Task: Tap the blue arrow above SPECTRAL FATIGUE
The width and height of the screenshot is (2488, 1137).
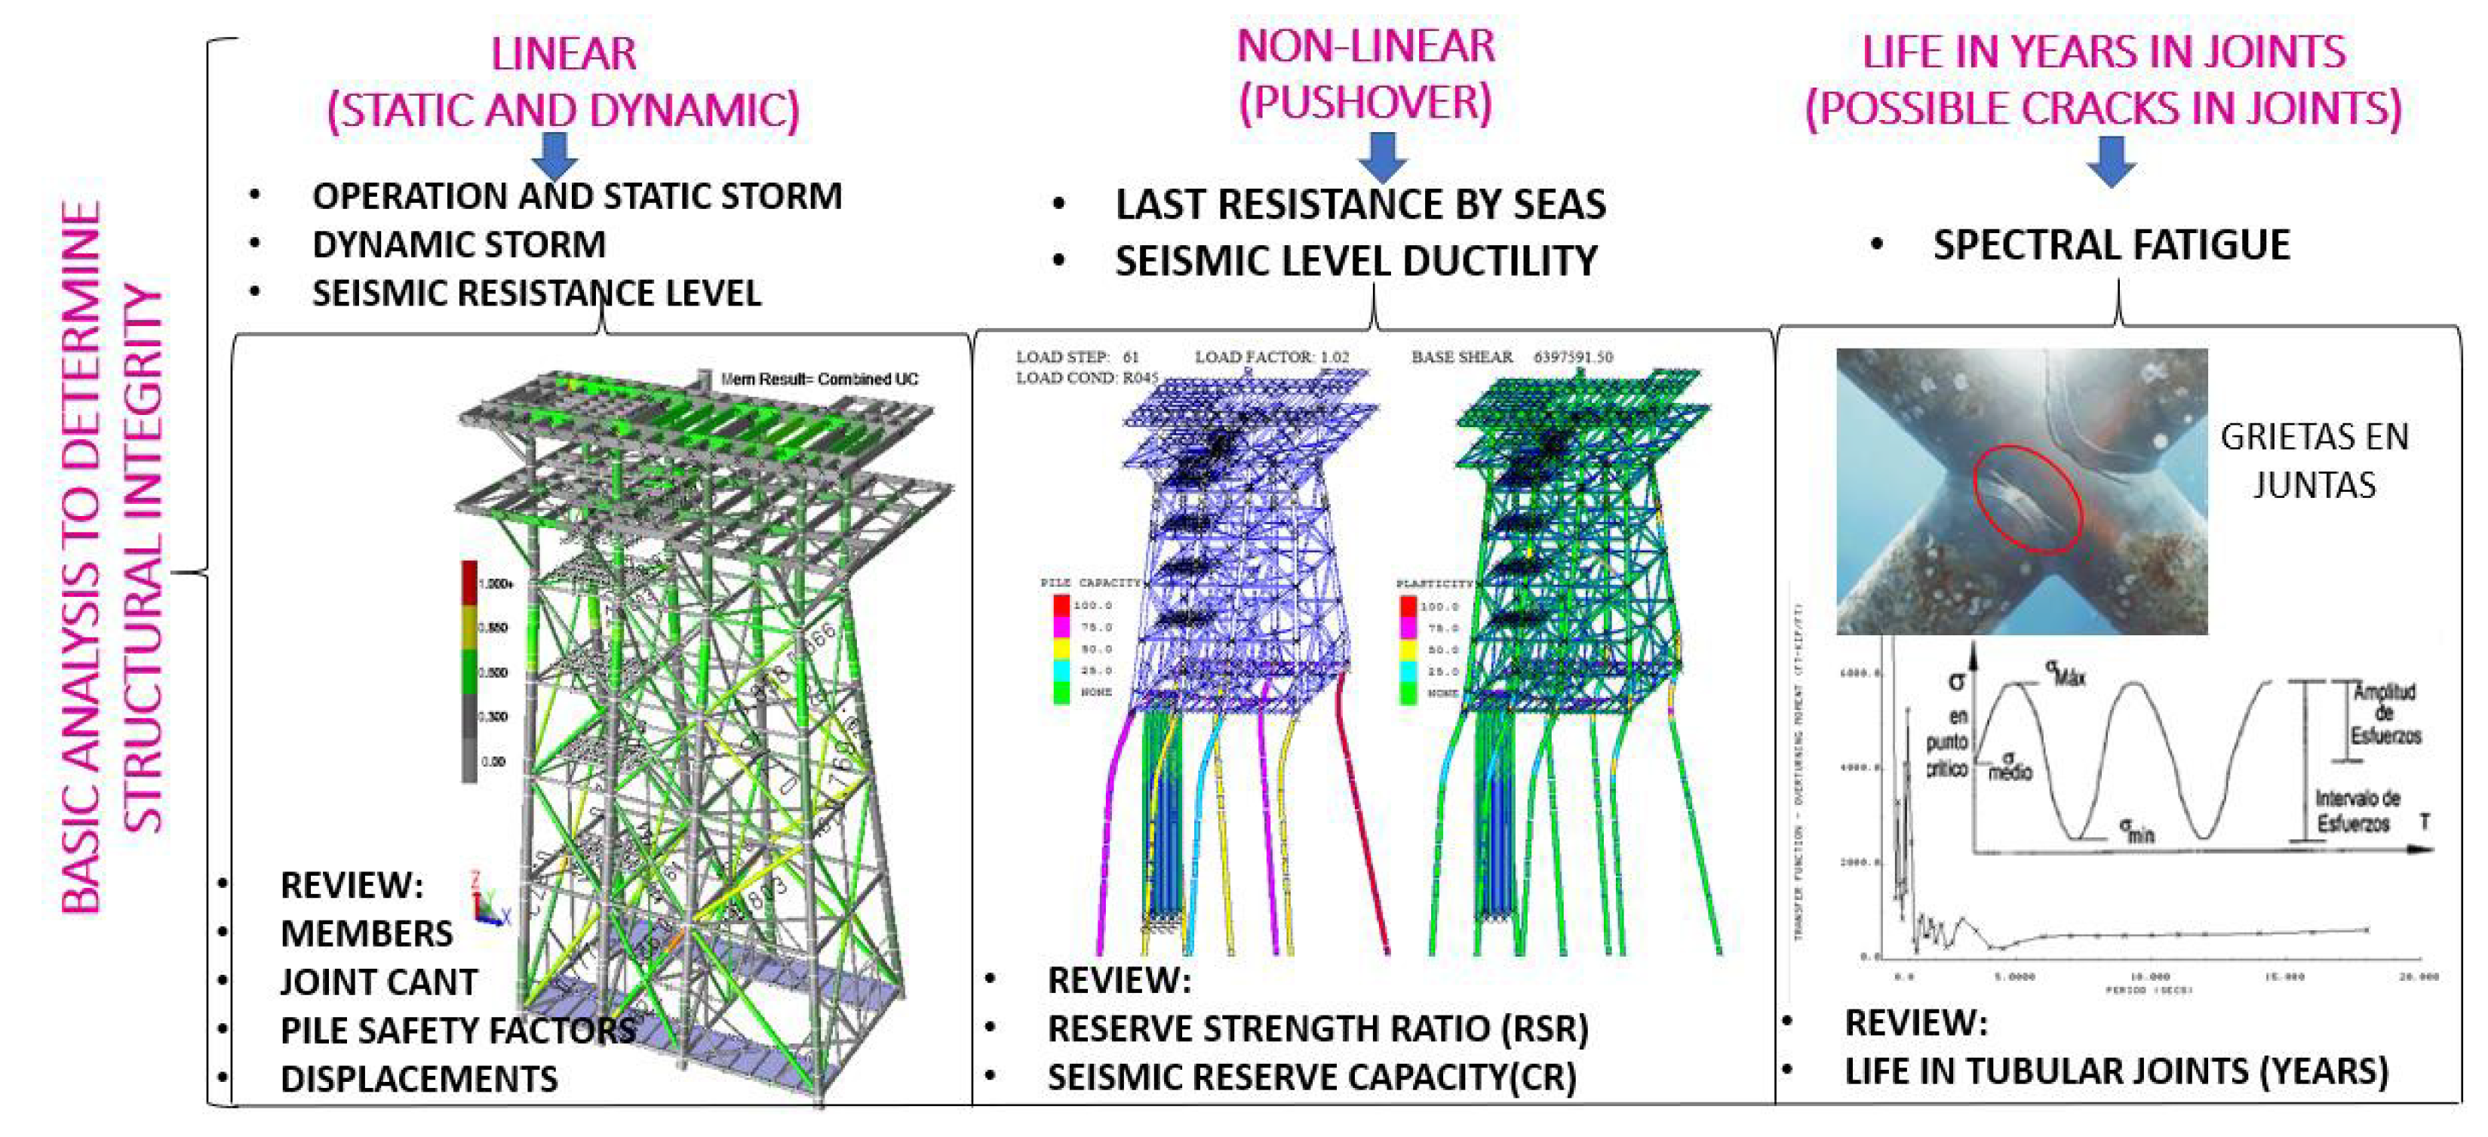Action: tap(2112, 161)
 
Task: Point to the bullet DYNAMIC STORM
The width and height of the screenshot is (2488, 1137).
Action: tap(459, 244)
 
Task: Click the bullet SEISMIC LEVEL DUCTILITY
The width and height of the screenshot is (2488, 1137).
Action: tap(1356, 262)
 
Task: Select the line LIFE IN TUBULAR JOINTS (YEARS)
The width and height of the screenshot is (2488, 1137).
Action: tap(2115, 1071)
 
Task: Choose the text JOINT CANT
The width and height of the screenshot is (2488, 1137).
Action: tap(378, 982)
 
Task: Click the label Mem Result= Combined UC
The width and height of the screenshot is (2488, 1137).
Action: tap(819, 380)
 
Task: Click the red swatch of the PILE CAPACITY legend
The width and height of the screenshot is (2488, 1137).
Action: tap(1061, 606)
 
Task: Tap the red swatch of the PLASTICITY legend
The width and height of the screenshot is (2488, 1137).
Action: tap(1407, 607)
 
